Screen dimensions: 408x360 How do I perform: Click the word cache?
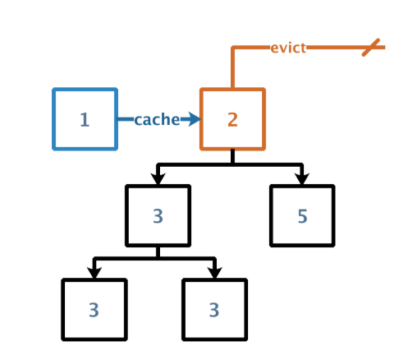(x=157, y=119)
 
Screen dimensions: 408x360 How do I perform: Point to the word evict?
(x=288, y=48)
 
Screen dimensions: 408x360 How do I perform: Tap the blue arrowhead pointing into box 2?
(x=195, y=119)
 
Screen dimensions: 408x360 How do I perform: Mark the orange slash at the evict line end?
(x=371, y=48)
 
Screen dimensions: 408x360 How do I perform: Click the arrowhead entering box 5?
(x=302, y=178)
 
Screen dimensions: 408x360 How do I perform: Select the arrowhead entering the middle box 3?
(x=158, y=178)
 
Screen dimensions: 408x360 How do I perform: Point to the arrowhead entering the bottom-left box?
(x=94, y=273)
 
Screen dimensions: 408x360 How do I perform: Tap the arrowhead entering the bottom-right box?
(x=214, y=273)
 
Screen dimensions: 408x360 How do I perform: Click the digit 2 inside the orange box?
(x=232, y=120)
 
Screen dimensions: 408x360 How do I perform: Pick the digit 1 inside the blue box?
(x=85, y=120)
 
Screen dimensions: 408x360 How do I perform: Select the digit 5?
(x=302, y=216)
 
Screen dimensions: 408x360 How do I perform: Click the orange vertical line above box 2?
(x=232, y=67)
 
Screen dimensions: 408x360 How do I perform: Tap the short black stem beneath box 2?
(x=232, y=156)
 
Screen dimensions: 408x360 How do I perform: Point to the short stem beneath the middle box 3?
(x=158, y=252)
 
